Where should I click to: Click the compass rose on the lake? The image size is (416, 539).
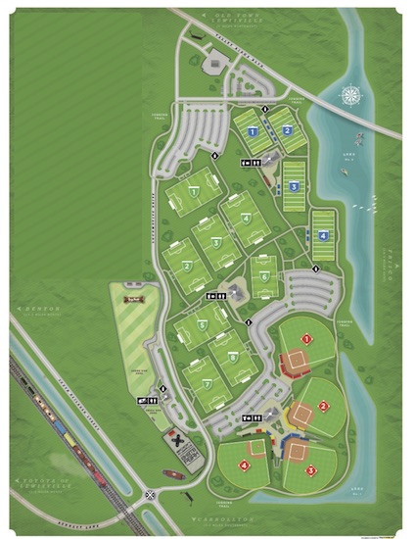click(350, 96)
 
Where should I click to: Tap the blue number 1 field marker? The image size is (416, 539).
click(253, 131)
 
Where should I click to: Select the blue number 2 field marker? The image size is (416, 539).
click(288, 130)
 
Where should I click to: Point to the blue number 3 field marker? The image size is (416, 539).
click(294, 185)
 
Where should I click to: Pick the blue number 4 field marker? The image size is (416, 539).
click(323, 235)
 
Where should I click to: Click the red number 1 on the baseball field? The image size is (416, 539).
click(306, 339)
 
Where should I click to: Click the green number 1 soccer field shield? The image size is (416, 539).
click(195, 193)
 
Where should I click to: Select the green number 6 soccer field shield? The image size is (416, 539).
click(264, 277)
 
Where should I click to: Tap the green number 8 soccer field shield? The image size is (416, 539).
click(233, 358)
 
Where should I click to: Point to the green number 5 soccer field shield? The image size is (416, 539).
click(202, 324)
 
